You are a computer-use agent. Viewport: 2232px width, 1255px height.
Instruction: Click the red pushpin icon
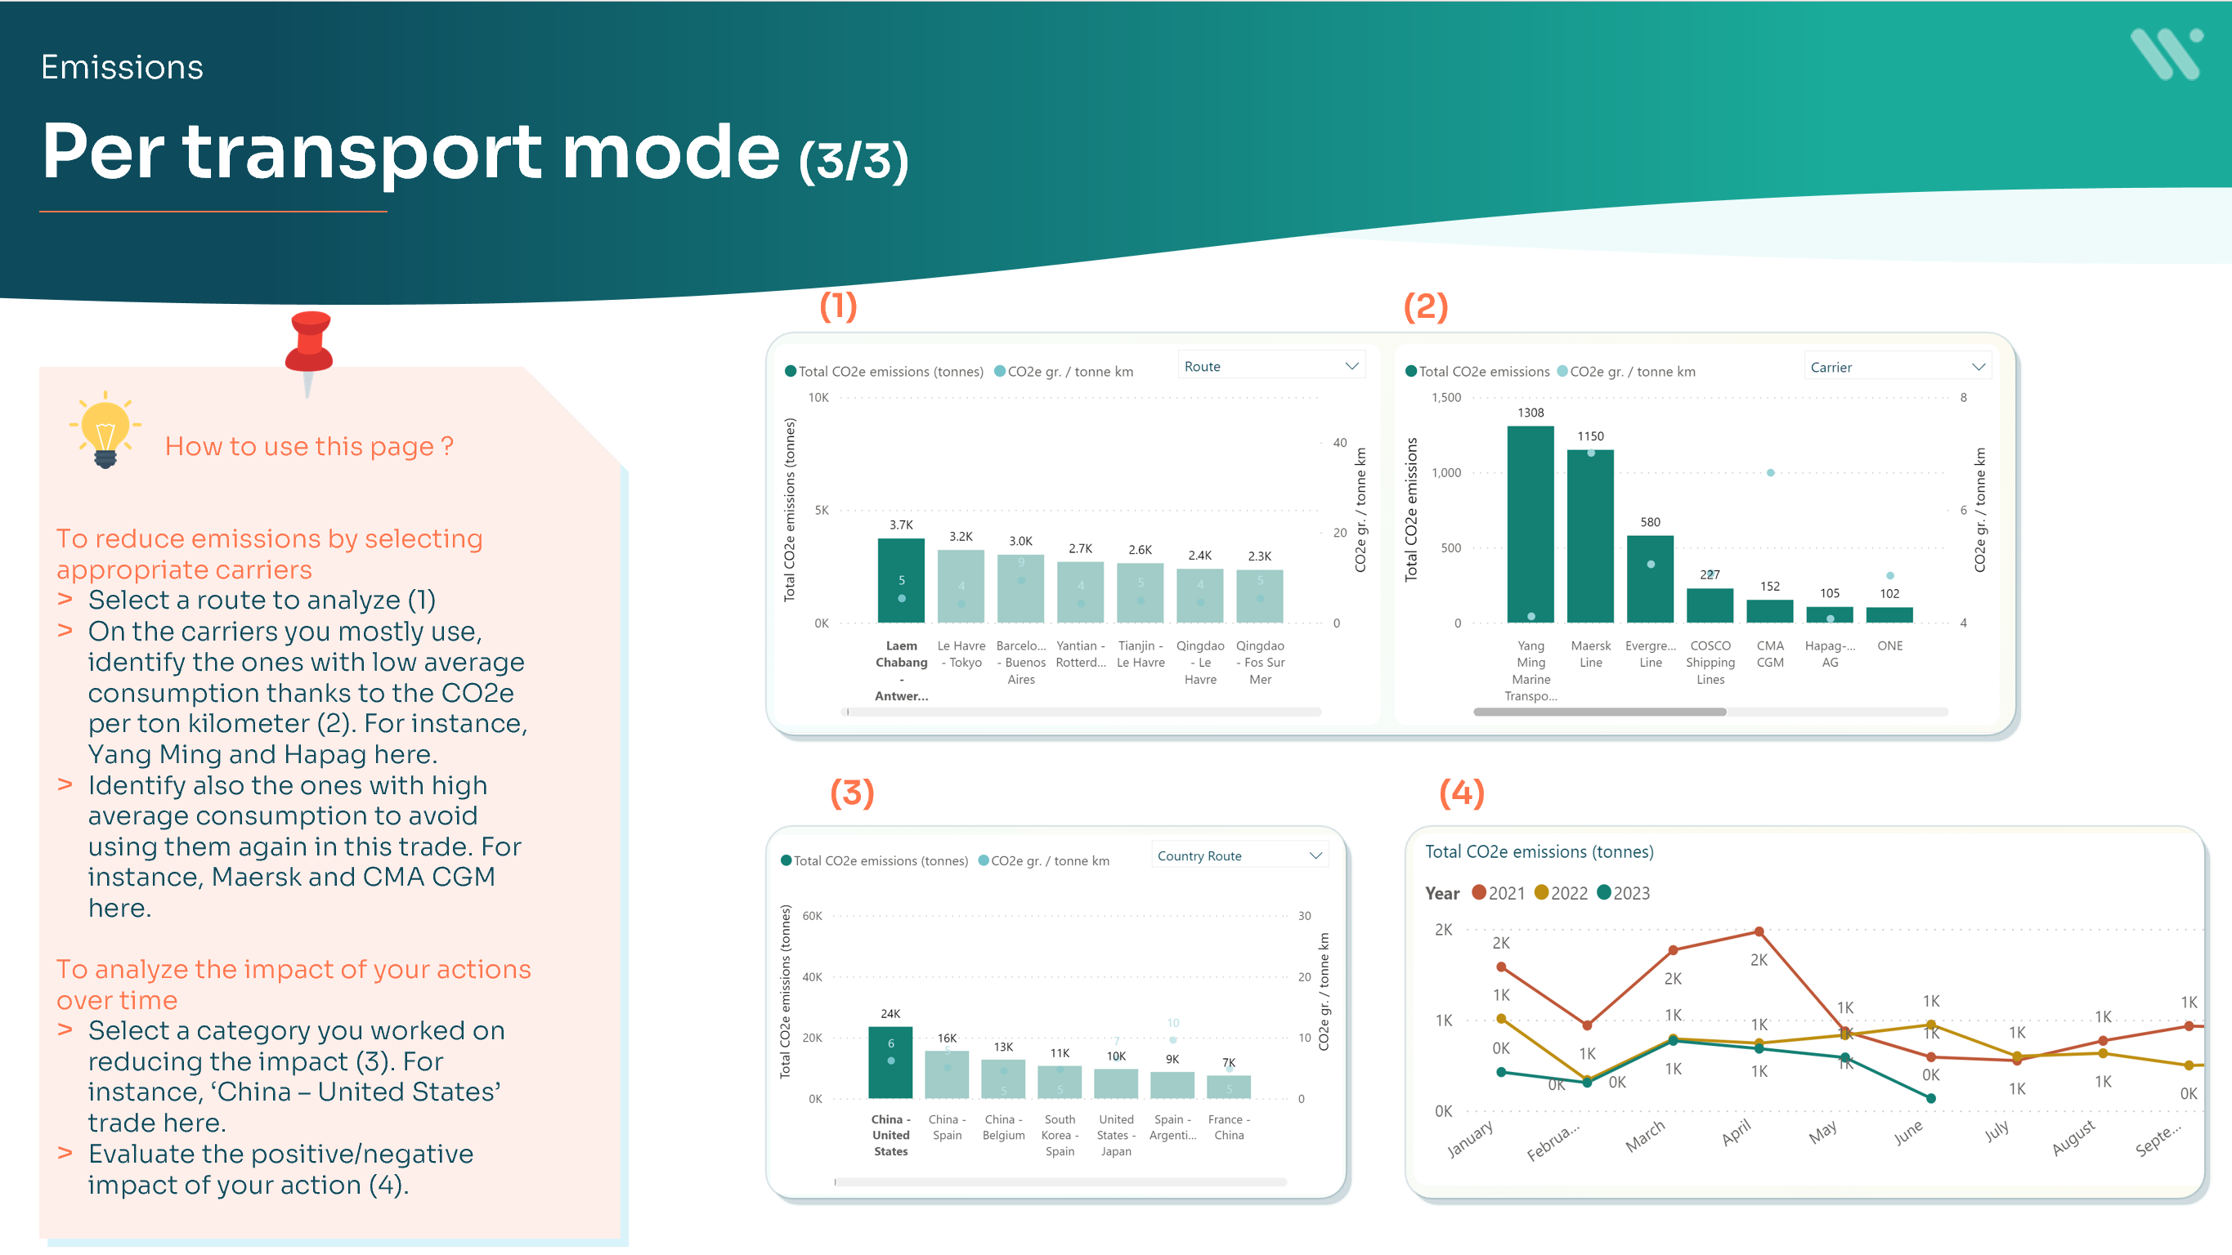[309, 346]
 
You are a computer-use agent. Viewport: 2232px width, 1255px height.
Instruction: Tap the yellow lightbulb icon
[105, 429]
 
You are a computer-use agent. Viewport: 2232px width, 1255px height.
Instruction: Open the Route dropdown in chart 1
[1271, 366]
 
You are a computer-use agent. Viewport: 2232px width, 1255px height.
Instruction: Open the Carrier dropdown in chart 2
[1897, 367]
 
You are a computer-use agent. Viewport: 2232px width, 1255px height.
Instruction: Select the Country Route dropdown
[1239, 855]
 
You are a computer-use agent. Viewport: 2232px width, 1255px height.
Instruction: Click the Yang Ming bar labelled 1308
[1531, 523]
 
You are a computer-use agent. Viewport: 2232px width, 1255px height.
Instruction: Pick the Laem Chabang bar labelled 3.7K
[901, 579]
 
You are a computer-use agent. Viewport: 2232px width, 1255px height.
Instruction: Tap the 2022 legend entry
[1562, 893]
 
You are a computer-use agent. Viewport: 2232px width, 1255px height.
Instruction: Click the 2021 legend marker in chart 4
[1479, 893]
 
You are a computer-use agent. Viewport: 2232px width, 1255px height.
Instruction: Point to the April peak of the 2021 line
[1759, 932]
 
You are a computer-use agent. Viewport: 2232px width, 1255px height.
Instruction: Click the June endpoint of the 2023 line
[1931, 1098]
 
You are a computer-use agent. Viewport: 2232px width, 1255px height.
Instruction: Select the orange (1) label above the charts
[838, 306]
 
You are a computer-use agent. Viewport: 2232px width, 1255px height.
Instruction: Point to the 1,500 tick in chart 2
[1445, 398]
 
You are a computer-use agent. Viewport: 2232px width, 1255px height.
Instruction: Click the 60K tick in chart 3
[812, 915]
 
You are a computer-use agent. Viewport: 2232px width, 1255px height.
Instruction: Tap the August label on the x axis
[2073, 1138]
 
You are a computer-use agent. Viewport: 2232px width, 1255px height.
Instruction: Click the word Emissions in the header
[122, 68]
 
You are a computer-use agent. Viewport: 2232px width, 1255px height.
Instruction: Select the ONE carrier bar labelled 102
[1889, 614]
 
